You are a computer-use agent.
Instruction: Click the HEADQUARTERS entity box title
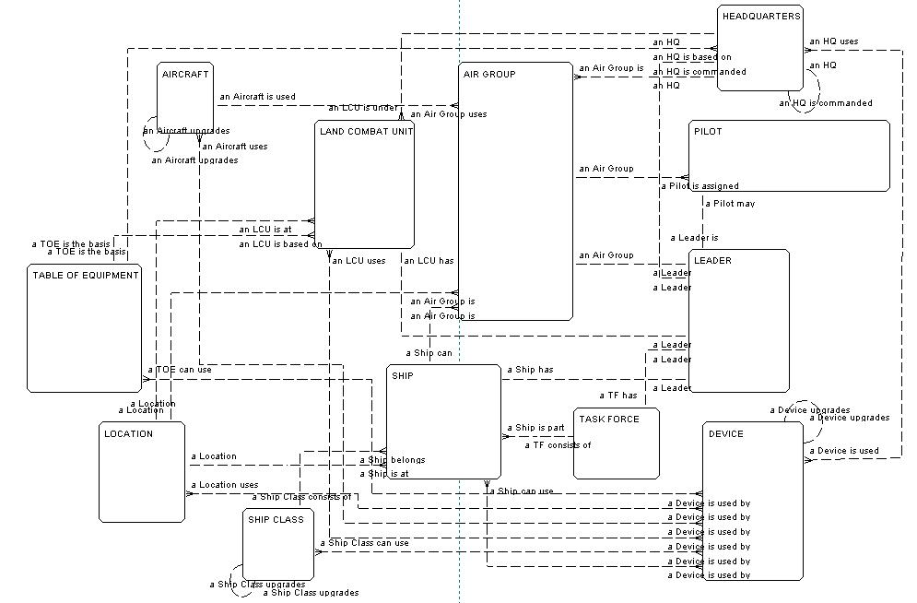tap(761, 17)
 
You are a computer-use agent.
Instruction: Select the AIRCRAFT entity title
tap(185, 74)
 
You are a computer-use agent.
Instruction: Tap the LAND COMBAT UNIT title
tap(366, 132)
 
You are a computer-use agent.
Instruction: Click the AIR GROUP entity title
tap(489, 74)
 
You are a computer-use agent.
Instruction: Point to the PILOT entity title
tap(708, 132)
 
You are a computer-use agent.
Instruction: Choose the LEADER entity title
tap(712, 261)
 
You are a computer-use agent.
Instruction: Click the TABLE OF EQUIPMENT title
tap(86, 275)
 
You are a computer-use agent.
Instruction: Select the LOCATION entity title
tap(128, 433)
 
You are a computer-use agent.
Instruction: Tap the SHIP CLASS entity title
tap(276, 519)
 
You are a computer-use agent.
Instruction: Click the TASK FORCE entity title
tap(608, 419)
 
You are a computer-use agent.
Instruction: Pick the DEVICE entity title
tap(725, 433)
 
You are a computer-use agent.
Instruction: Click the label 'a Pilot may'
tap(730, 204)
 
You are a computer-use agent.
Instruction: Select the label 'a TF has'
tap(617, 396)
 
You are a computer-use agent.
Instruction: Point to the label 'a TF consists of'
tap(558, 445)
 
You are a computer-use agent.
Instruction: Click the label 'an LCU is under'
tap(362, 108)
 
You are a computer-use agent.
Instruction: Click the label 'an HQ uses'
tap(833, 41)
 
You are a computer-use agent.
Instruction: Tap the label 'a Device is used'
tap(843, 451)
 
